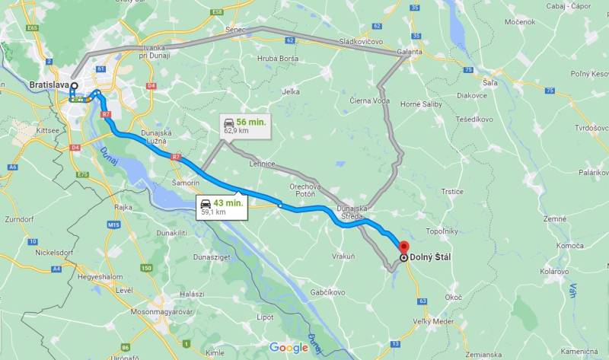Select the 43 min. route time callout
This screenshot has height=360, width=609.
(222, 206)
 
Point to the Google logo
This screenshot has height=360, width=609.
(289, 348)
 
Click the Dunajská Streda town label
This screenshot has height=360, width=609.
(352, 212)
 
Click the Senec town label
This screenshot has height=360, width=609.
(234, 29)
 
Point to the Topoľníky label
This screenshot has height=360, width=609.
(442, 230)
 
